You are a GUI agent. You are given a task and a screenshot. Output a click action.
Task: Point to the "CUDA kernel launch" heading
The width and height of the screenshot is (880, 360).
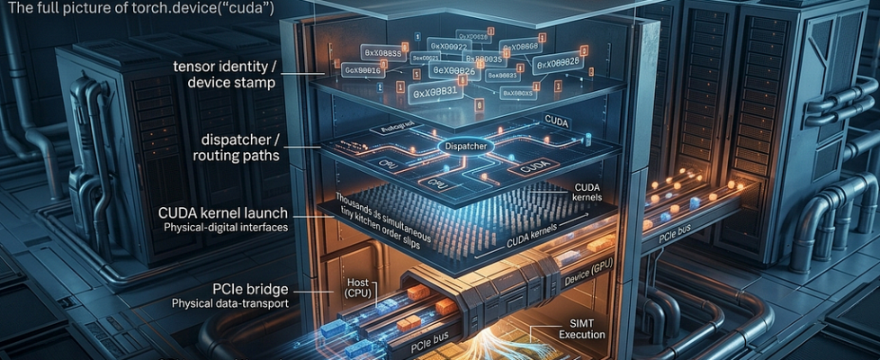point(232,213)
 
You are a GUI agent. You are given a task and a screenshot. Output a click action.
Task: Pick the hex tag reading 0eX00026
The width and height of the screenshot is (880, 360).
point(453,69)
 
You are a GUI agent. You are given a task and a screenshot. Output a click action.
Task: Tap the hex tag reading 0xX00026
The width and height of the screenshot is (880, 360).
point(558,63)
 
